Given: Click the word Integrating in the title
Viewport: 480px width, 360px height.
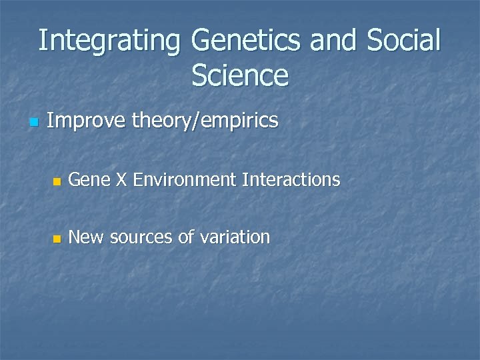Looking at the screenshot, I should pyautogui.click(x=109, y=41).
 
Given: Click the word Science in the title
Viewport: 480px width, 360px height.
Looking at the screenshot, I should pyautogui.click(x=240, y=76).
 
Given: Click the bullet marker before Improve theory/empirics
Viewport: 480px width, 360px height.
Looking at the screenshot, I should pyautogui.click(x=35, y=123).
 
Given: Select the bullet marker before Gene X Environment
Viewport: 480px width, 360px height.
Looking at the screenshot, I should pyautogui.click(x=57, y=181).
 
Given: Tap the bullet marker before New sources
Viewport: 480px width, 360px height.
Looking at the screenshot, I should pyautogui.click(x=57, y=239).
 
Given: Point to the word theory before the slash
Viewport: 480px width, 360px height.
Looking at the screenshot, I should pyautogui.click(x=160, y=122).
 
